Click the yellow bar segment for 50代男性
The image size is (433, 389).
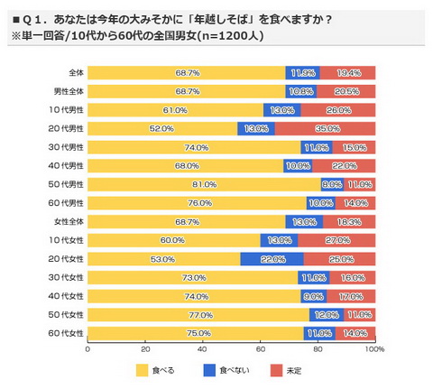point(203,183)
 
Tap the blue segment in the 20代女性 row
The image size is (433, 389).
point(272,258)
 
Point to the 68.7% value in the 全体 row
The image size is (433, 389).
point(188,72)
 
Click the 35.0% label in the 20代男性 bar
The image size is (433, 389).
point(329,128)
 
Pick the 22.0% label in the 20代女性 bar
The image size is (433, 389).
point(272,258)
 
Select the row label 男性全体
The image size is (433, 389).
point(69,91)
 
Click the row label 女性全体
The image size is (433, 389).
point(69,221)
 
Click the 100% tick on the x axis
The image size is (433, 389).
point(374,347)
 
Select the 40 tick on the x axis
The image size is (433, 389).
point(202,347)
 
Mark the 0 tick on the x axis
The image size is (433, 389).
point(88,347)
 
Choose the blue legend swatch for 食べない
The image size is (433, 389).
point(208,370)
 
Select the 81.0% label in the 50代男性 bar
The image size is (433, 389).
point(203,183)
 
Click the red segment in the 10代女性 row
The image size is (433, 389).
point(336,239)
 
